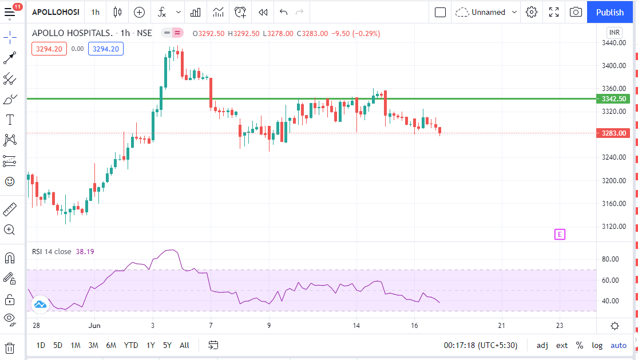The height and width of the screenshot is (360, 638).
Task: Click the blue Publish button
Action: pos(609,12)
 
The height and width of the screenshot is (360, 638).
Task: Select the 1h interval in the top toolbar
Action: pos(95,12)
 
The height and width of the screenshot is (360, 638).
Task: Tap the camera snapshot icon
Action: pos(576,12)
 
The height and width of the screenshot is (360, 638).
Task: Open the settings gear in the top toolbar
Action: pos(532,12)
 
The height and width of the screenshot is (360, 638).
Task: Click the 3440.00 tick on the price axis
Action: pos(613,43)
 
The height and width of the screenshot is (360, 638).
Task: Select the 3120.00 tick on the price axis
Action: pos(613,227)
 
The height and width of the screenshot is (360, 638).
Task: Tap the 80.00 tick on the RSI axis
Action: pos(611,259)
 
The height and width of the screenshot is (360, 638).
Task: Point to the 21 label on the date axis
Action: pos(501,326)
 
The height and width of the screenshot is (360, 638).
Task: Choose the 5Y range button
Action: pos(167,345)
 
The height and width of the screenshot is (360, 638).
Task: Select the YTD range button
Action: pos(131,345)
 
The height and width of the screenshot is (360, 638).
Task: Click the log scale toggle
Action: pos(597,345)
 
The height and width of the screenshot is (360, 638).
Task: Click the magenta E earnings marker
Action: pos(560,234)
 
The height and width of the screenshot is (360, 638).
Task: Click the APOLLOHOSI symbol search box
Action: pos(56,12)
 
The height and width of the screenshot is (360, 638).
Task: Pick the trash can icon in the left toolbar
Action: pos(10,348)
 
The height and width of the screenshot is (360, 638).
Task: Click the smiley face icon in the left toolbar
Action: pos(10,181)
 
